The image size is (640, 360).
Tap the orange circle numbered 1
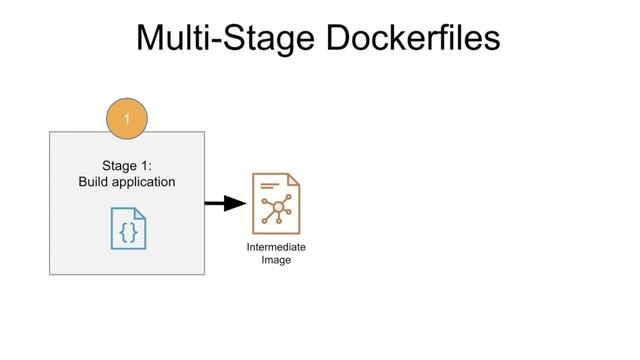pos(127,119)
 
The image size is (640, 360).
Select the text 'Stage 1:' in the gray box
pos(127,166)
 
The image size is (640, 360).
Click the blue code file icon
pos(128,227)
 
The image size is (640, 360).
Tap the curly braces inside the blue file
pos(128,231)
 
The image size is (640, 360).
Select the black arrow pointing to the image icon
pos(225,204)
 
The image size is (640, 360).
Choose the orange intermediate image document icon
pos(276,204)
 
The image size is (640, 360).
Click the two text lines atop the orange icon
pos(267,186)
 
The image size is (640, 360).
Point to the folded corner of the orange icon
pos(295,179)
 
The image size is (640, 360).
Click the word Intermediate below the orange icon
pos(276,247)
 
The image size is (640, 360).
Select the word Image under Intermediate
pos(276,260)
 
